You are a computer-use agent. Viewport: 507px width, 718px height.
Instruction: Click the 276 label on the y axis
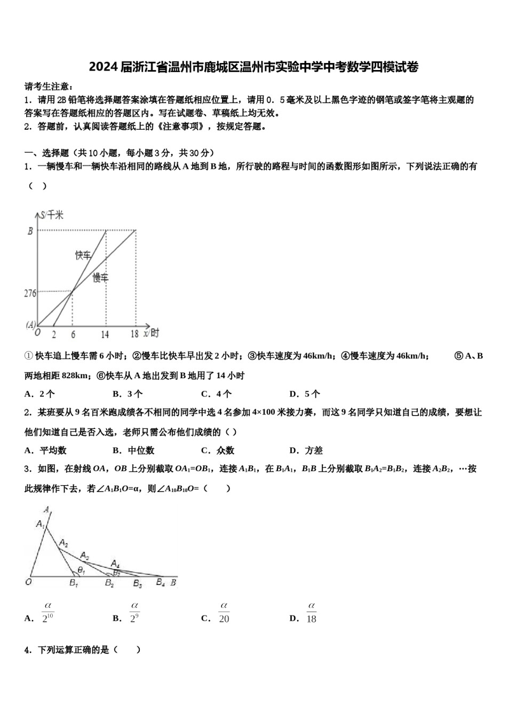tap(30, 293)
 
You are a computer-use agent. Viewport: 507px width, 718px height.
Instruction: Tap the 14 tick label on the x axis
tap(105, 334)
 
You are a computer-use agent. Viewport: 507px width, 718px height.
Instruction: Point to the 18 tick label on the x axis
tap(134, 334)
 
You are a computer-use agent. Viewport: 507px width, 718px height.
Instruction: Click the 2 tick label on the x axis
tap(54, 334)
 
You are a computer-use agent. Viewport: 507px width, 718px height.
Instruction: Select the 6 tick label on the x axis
tap(73, 334)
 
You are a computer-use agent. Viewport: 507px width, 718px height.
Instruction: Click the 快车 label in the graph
tap(83, 255)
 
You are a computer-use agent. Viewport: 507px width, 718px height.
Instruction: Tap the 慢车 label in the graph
tap(100, 277)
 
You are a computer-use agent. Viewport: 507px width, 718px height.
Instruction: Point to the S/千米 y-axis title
tap(52, 215)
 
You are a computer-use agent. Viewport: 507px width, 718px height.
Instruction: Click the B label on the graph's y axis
tap(30, 231)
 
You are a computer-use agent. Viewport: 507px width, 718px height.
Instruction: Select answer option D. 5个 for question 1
tap(304, 394)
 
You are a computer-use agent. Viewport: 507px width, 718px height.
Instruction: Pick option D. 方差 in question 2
tap(306, 450)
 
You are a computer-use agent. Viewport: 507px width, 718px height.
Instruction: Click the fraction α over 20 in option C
tap(224, 612)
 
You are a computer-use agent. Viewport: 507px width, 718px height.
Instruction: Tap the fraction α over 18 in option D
tap(311, 612)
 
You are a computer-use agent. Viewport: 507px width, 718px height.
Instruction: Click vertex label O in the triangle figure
tap(29, 582)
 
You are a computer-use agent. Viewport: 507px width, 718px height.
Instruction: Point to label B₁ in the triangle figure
tap(74, 583)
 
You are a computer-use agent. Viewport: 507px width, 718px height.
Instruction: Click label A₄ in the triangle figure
tap(115, 563)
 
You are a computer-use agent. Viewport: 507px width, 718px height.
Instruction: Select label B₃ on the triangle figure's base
tap(137, 584)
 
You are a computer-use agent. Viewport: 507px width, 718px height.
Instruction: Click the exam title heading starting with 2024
tap(253, 67)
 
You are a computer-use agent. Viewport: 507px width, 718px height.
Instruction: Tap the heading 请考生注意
tap(49, 87)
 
